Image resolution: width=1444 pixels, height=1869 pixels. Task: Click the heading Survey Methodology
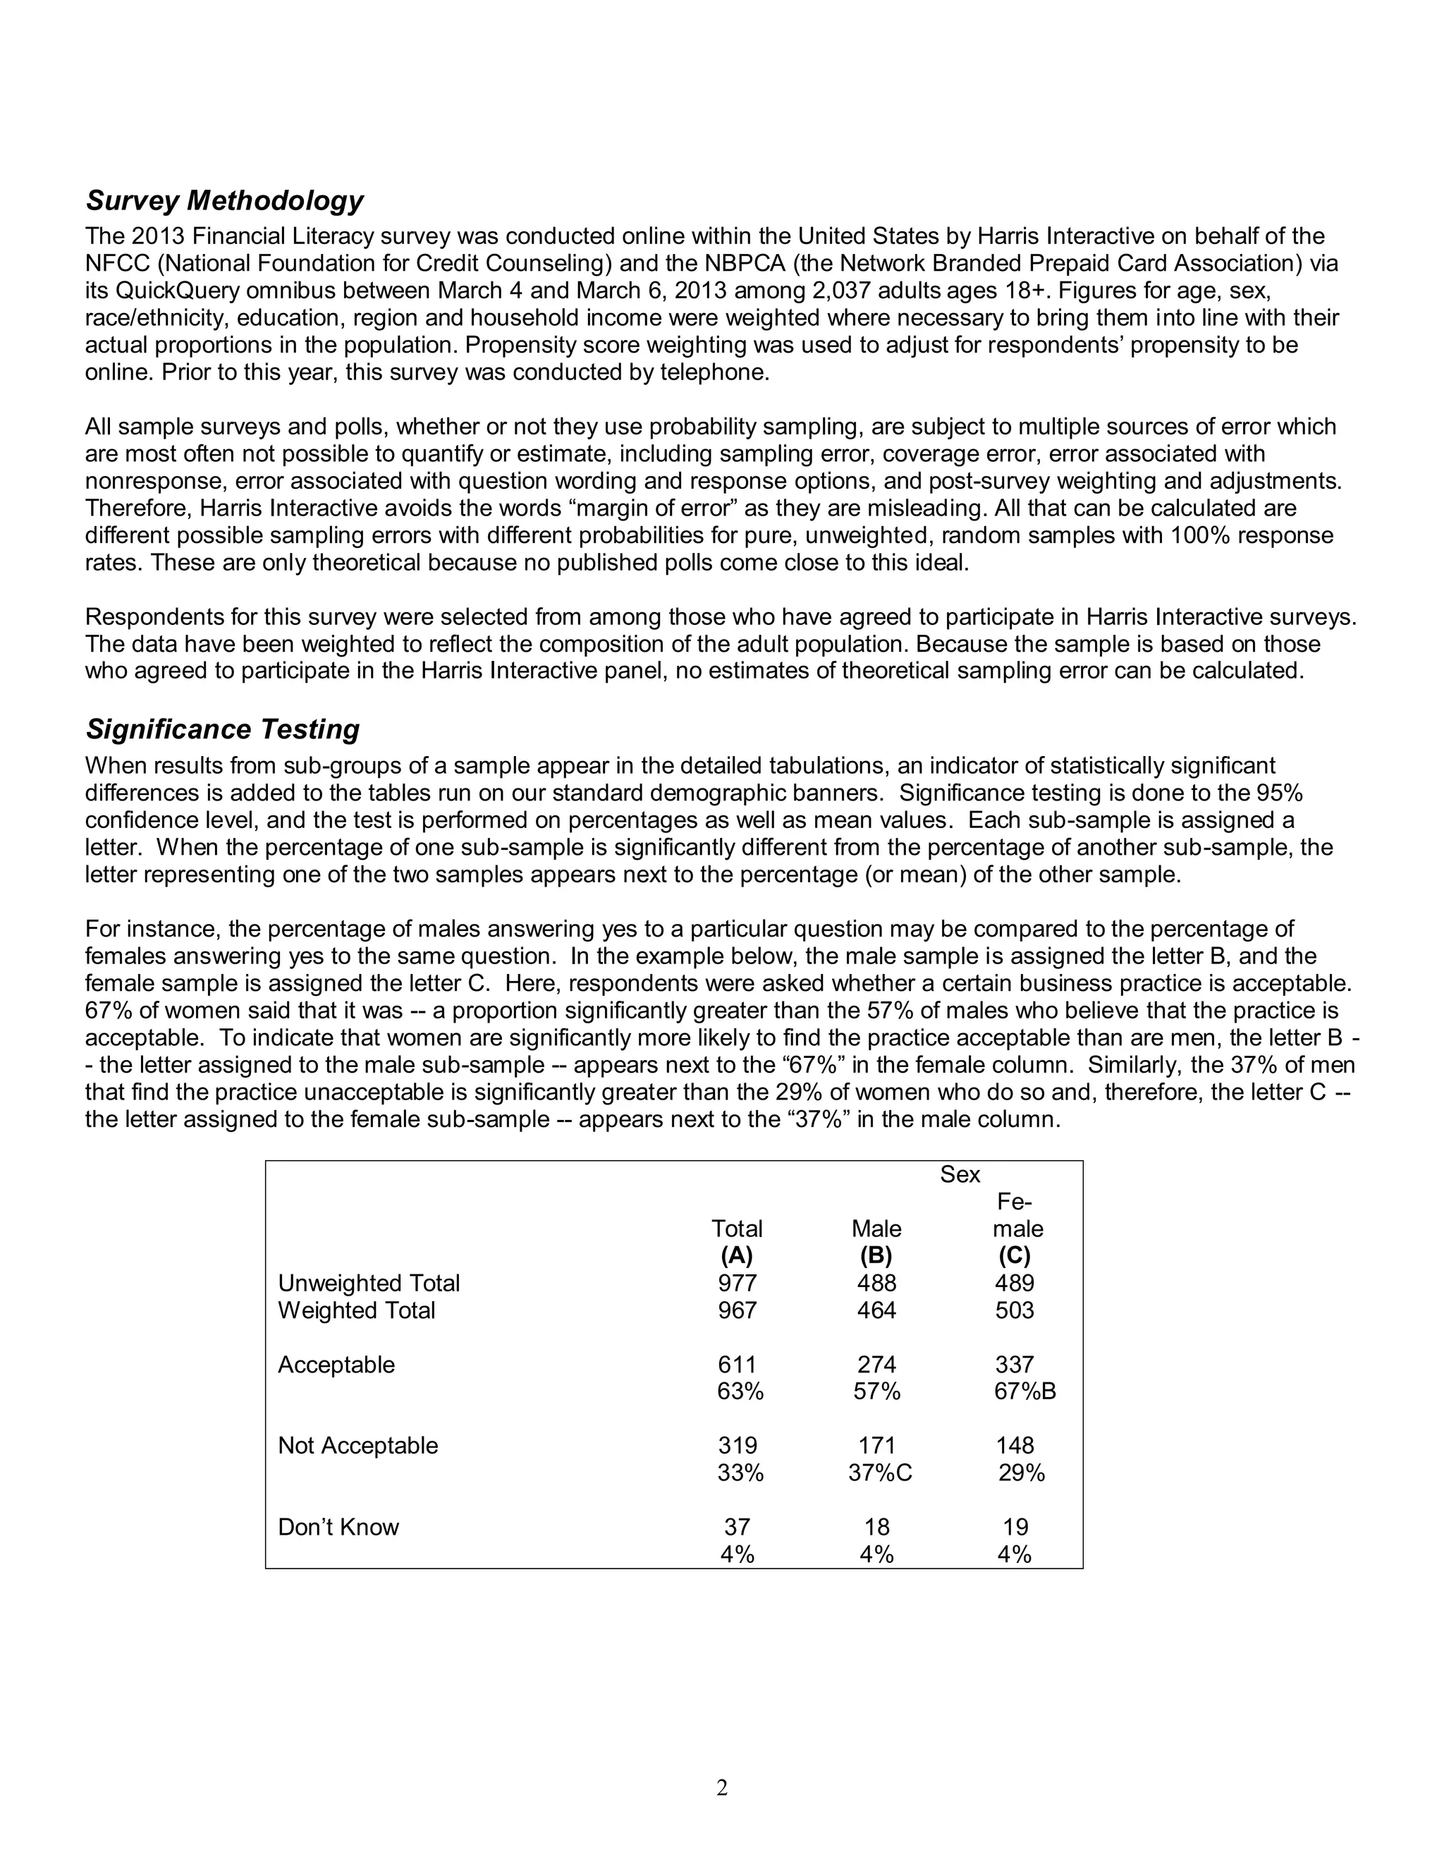coord(224,200)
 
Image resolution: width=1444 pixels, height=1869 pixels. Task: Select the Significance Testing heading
coord(222,729)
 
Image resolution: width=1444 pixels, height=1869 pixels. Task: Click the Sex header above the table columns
coord(960,1174)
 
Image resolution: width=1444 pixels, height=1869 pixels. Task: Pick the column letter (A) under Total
coord(737,1255)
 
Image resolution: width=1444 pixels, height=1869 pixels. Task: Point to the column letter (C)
coord(1015,1255)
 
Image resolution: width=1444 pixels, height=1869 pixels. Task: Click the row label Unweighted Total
coord(369,1283)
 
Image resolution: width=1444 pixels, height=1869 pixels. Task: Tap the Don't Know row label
coord(338,1527)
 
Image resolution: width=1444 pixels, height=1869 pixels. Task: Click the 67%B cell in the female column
coord(1024,1392)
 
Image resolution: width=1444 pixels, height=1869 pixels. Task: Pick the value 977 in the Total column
coord(737,1283)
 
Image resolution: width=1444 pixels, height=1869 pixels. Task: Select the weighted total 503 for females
coord(1015,1310)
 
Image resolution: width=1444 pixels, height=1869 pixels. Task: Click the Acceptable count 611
coord(737,1364)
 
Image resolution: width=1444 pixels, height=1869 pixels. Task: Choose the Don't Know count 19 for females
coord(1015,1527)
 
